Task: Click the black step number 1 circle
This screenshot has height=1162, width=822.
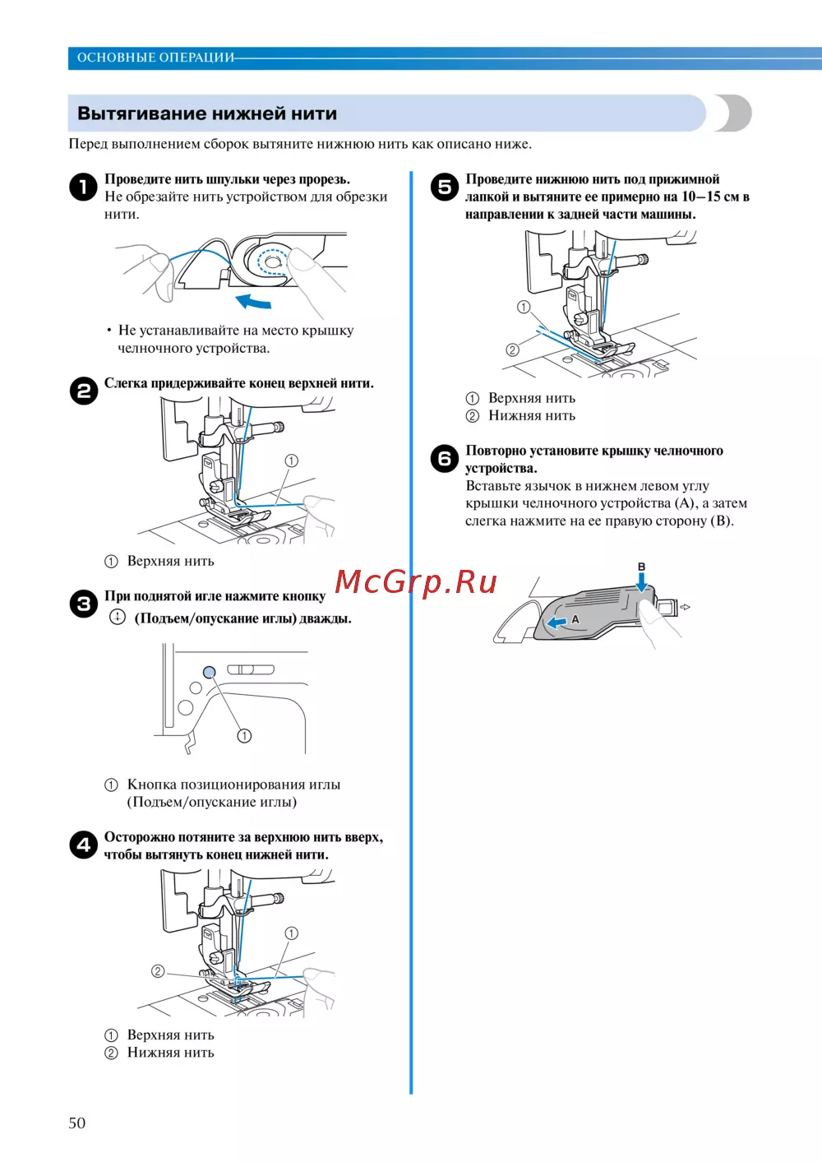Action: [83, 187]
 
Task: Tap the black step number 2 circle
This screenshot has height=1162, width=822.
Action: [83, 391]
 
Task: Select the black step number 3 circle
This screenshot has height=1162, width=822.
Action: [83, 604]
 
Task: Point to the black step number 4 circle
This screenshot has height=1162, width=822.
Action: [83, 845]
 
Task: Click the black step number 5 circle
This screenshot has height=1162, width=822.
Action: [445, 187]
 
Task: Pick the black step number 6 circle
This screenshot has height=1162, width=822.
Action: [445, 458]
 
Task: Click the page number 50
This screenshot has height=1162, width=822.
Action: [76, 1123]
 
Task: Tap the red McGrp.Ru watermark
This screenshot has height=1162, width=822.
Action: [416, 582]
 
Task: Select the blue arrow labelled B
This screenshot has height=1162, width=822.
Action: [642, 581]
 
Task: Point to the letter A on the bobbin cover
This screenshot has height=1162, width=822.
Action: [575, 618]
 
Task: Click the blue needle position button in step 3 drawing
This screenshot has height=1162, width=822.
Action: [210, 672]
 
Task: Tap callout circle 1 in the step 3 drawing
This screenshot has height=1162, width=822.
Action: [244, 735]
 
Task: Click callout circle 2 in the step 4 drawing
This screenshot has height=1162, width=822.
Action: [158, 971]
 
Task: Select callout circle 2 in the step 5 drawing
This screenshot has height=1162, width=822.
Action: [512, 350]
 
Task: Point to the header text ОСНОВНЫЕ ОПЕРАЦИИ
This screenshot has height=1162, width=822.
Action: [155, 58]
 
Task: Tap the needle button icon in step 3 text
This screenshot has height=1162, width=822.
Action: [118, 617]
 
